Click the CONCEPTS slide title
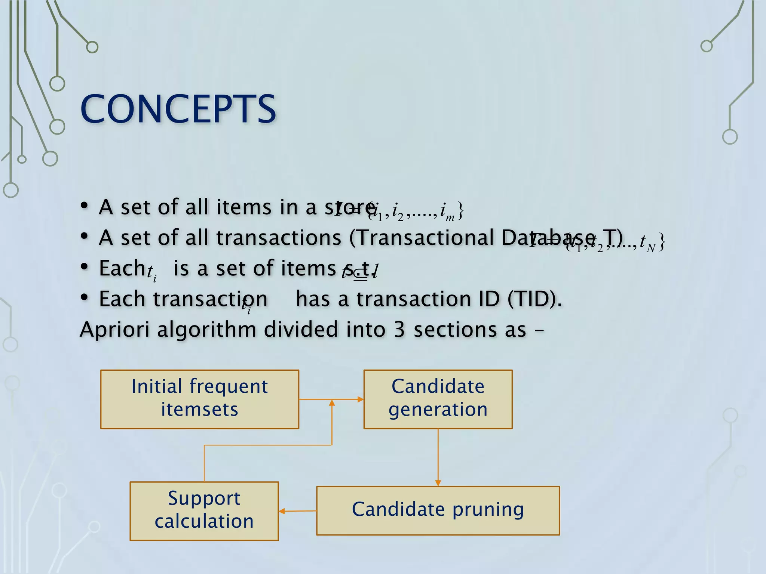[178, 109]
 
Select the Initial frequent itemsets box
[199, 399]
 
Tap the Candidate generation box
[438, 399]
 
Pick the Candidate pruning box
[438, 510]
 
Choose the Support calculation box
[204, 510]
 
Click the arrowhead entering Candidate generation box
[361, 399]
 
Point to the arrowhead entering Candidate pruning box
[438, 483]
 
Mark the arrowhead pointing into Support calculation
[282, 511]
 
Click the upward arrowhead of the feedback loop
[332, 402]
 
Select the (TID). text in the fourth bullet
[534, 299]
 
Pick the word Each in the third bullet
[122, 268]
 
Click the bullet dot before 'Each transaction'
[85, 297]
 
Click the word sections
[470, 330]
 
